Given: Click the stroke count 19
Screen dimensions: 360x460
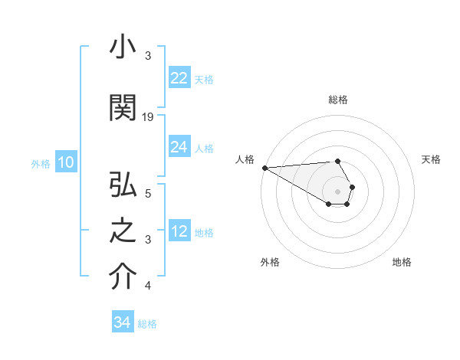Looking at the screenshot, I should pyautogui.click(x=148, y=116).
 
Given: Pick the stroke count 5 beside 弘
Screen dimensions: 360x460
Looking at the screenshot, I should pyautogui.click(x=148, y=193).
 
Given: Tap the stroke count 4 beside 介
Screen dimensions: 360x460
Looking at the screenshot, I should pyautogui.click(x=148, y=286).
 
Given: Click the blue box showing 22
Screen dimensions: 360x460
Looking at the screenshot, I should pyautogui.click(x=179, y=78).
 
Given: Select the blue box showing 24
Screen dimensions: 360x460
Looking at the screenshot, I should pyautogui.click(x=179, y=147).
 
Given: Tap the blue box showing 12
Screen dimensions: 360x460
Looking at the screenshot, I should pyautogui.click(x=179, y=231).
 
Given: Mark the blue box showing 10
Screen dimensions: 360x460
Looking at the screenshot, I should pyautogui.click(x=65, y=162).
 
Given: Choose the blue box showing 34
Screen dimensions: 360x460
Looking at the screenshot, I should pyautogui.click(x=123, y=322).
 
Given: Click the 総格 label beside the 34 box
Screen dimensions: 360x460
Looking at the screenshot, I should pyautogui.click(x=147, y=324).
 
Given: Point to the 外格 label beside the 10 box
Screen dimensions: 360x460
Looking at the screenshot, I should pyautogui.click(x=41, y=164).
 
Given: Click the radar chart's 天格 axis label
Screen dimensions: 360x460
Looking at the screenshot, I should pyautogui.click(x=432, y=159).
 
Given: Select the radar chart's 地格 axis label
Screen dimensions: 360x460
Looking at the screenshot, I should pyautogui.click(x=402, y=262).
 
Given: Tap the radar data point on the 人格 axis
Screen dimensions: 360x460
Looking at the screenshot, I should pyautogui.click(x=264, y=168).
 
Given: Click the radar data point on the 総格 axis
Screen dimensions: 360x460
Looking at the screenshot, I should pyautogui.click(x=338, y=162).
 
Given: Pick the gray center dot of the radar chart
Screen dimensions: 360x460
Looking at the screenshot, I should pyautogui.click(x=338, y=191).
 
